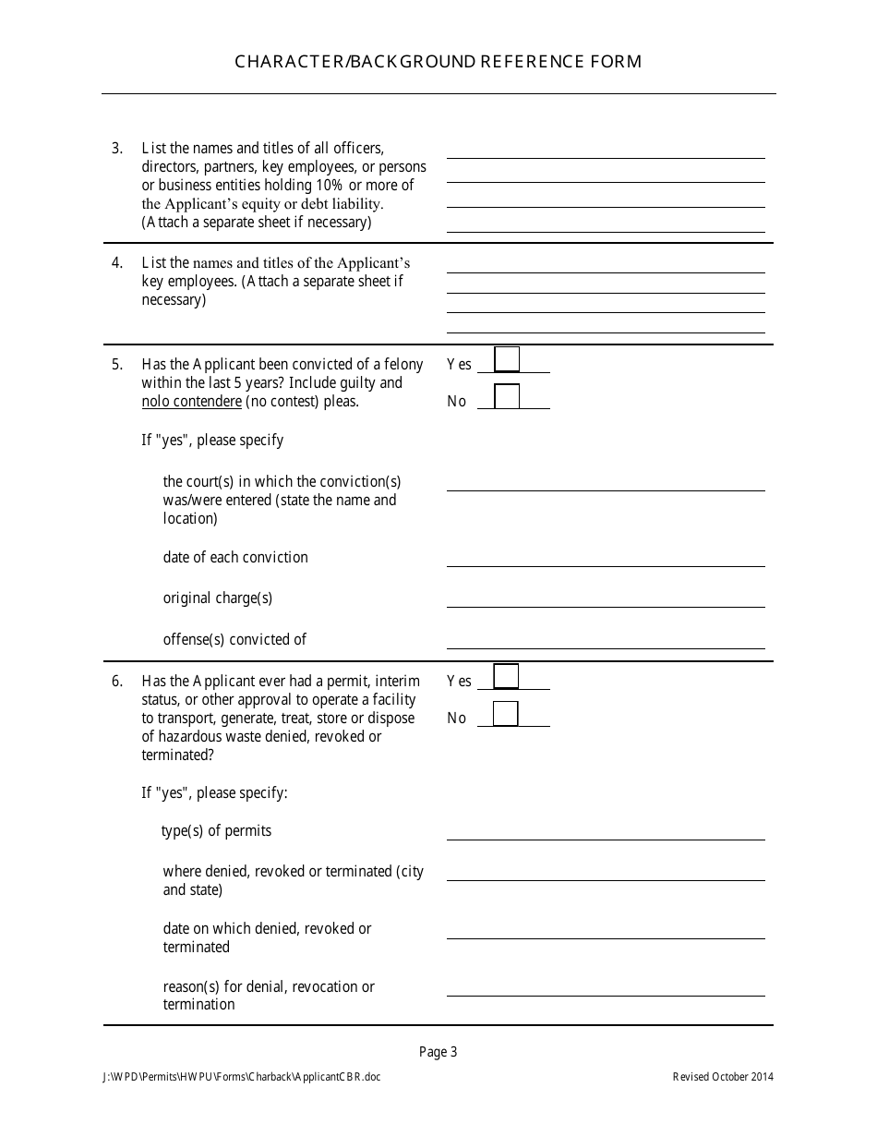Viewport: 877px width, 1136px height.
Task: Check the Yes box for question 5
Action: pyautogui.click(x=507, y=359)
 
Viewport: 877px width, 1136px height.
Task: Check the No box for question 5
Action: pyautogui.click(x=507, y=396)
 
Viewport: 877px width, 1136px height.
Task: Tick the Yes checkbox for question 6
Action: pyautogui.click(x=506, y=676)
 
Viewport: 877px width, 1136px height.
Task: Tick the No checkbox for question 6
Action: pyautogui.click(x=506, y=714)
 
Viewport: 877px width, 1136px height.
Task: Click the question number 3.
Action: pyautogui.click(x=117, y=148)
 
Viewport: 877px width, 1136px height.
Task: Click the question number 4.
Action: pyautogui.click(x=117, y=263)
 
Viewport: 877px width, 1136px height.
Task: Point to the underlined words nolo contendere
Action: pyautogui.click(x=192, y=402)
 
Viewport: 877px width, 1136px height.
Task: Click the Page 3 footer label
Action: pyautogui.click(x=438, y=1051)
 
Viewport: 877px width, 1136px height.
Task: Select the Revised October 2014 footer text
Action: pyautogui.click(x=723, y=1077)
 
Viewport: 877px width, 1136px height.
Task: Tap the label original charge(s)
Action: pyautogui.click(x=218, y=598)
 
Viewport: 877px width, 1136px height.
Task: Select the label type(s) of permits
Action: pyautogui.click(x=217, y=830)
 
